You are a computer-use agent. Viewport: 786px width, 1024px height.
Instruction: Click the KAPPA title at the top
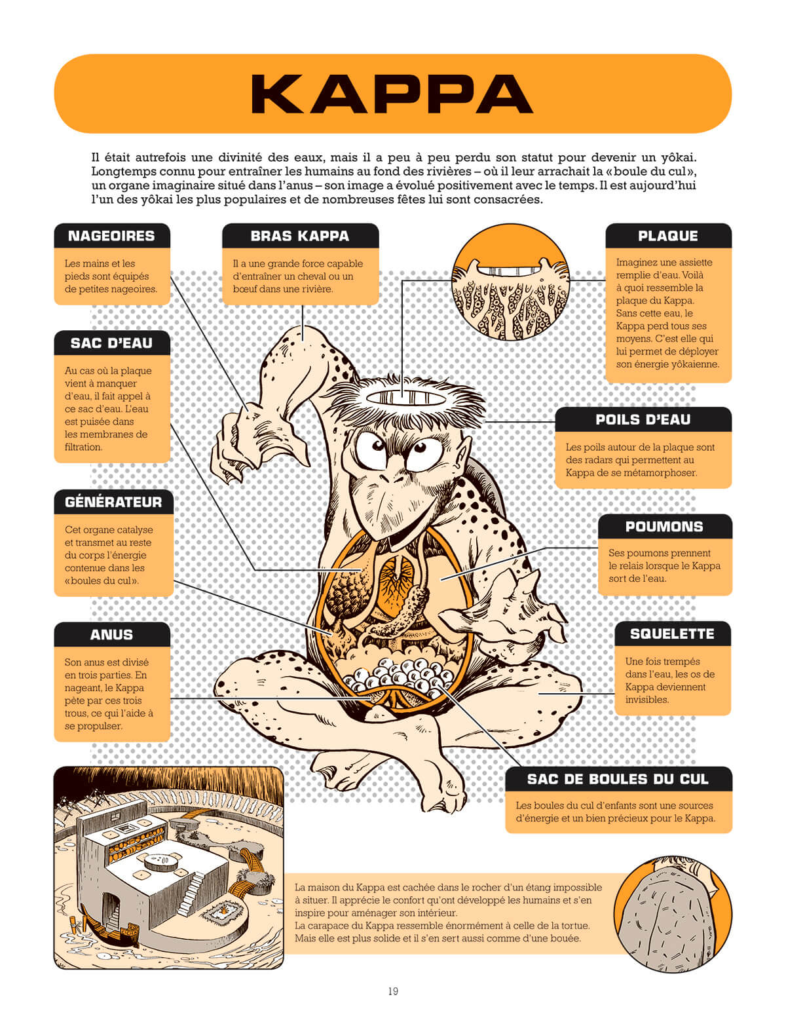coord(392,94)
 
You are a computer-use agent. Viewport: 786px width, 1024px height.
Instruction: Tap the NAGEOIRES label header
coord(111,236)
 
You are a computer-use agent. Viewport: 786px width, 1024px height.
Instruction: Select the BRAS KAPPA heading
coord(300,236)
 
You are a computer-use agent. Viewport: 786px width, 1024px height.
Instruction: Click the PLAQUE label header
coord(668,236)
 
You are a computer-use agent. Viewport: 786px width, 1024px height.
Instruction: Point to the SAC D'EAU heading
coord(111,343)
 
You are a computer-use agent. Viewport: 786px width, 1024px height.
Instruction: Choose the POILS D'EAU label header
coord(643,419)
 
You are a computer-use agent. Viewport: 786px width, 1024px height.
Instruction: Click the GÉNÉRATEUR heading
coord(113,502)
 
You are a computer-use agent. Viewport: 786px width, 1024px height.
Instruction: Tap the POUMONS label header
coord(664,526)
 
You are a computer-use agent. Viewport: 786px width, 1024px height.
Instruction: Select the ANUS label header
coord(111,634)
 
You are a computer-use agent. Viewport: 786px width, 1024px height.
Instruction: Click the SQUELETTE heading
coord(673,634)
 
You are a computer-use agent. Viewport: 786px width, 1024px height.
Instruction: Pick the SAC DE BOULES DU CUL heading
coord(618,779)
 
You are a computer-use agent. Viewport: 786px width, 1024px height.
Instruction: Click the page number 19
coord(393,991)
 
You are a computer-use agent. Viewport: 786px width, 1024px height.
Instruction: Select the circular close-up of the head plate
coord(510,282)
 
